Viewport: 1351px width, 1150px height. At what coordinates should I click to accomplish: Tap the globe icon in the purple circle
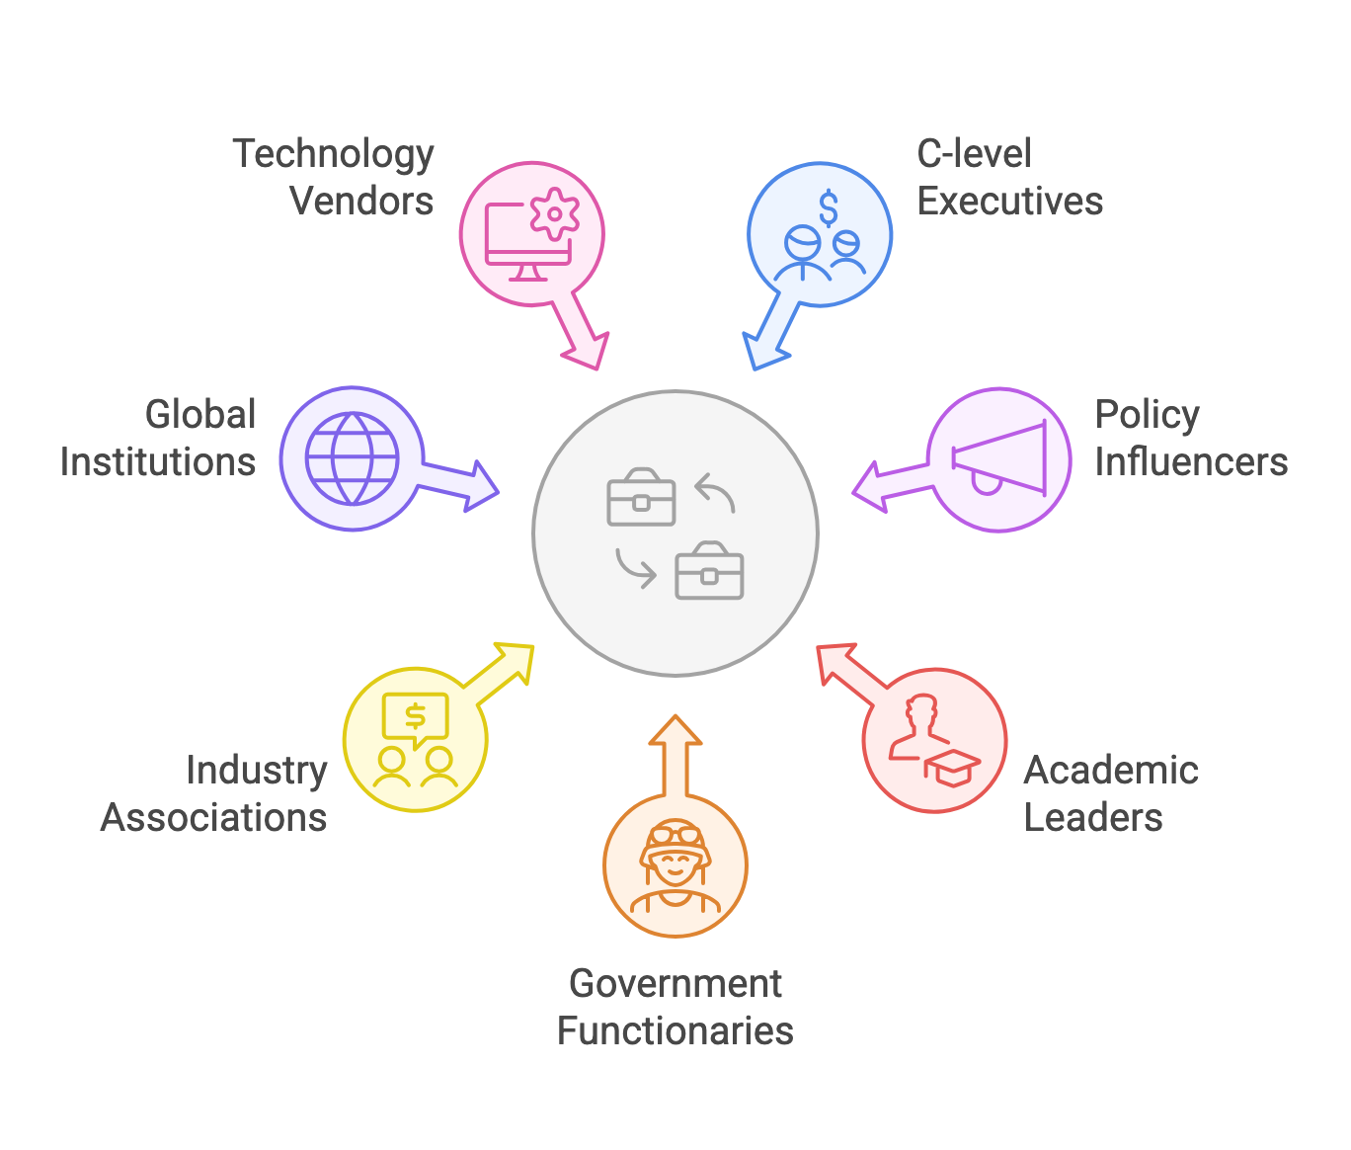click(x=352, y=458)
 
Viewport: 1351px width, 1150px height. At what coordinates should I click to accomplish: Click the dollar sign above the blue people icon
click(x=829, y=207)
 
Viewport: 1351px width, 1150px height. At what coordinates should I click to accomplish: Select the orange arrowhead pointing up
click(x=675, y=731)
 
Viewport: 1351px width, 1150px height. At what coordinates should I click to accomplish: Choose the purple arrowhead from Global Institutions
click(x=481, y=485)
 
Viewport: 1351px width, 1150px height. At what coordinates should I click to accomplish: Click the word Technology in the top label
click(x=333, y=155)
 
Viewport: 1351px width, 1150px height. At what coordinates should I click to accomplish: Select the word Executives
click(x=1009, y=202)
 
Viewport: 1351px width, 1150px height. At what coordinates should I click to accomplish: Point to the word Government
click(x=675, y=983)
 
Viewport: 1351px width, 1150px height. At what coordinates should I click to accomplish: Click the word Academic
click(x=1111, y=771)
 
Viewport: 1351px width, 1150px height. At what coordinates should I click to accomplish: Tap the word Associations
click(x=213, y=818)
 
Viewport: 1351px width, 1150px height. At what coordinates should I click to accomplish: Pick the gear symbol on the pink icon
click(x=555, y=212)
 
